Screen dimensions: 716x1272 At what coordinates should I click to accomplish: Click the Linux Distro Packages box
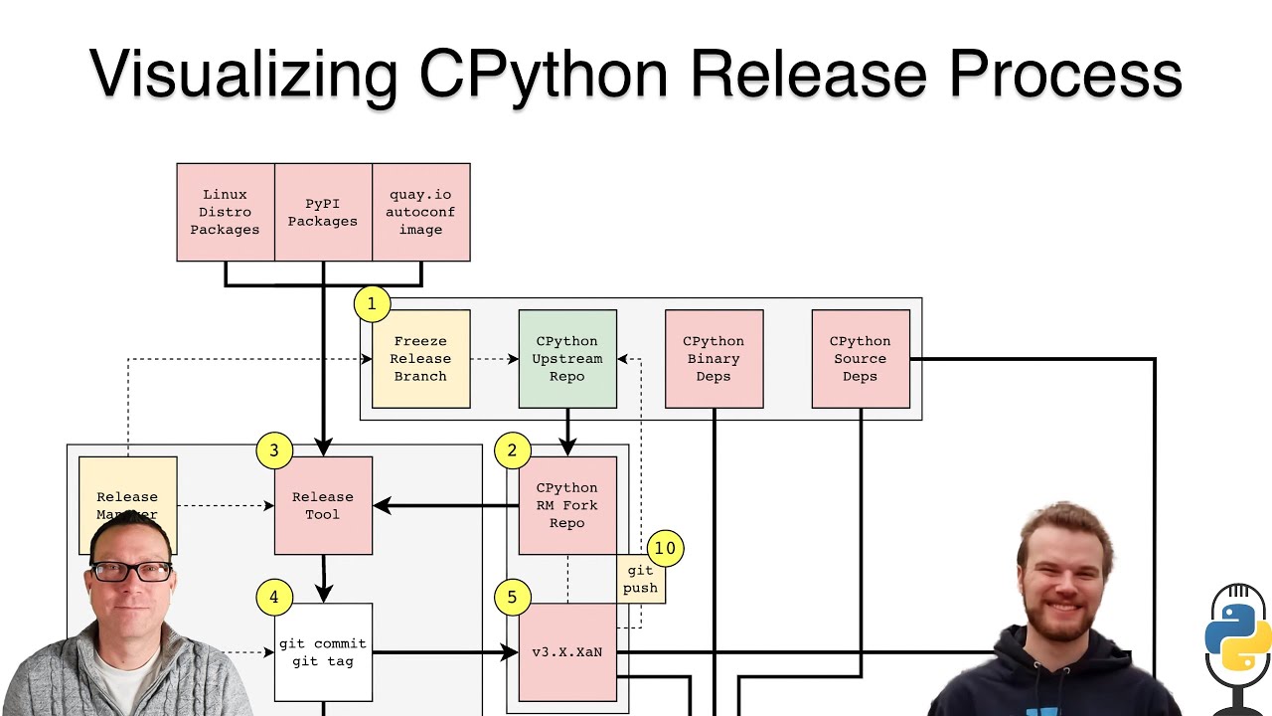pyautogui.click(x=225, y=212)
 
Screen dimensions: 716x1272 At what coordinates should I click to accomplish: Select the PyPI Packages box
pyautogui.click(x=323, y=212)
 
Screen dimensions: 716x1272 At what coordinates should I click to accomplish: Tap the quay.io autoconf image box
pyautogui.click(x=420, y=212)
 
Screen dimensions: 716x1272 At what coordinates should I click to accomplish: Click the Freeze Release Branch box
pyautogui.click(x=420, y=358)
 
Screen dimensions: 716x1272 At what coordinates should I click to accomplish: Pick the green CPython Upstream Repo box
pyautogui.click(x=567, y=358)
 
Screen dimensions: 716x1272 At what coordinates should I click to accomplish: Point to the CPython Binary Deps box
pyautogui.click(x=714, y=358)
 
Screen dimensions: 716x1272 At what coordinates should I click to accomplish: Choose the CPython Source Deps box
pyautogui.click(x=861, y=358)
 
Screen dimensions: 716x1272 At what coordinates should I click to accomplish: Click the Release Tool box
pyautogui.click(x=323, y=505)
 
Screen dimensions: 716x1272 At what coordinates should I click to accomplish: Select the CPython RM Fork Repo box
pyautogui.click(x=567, y=505)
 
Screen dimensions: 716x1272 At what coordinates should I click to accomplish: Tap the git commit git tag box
pyautogui.click(x=323, y=652)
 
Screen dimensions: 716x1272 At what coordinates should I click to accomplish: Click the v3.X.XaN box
pyautogui.click(x=567, y=652)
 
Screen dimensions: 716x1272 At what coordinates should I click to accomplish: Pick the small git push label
pyautogui.click(x=640, y=579)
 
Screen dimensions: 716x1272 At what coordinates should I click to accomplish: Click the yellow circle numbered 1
pyautogui.click(x=372, y=303)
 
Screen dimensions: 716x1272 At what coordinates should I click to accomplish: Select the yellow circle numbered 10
pyautogui.click(x=665, y=548)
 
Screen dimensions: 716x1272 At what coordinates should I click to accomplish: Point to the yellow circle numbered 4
pyautogui.click(x=274, y=597)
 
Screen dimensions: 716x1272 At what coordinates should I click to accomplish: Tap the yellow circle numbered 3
pyautogui.click(x=274, y=450)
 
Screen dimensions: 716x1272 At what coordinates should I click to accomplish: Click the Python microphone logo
pyautogui.click(x=1237, y=636)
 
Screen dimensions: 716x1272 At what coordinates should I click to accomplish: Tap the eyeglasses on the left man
pyautogui.click(x=131, y=572)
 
